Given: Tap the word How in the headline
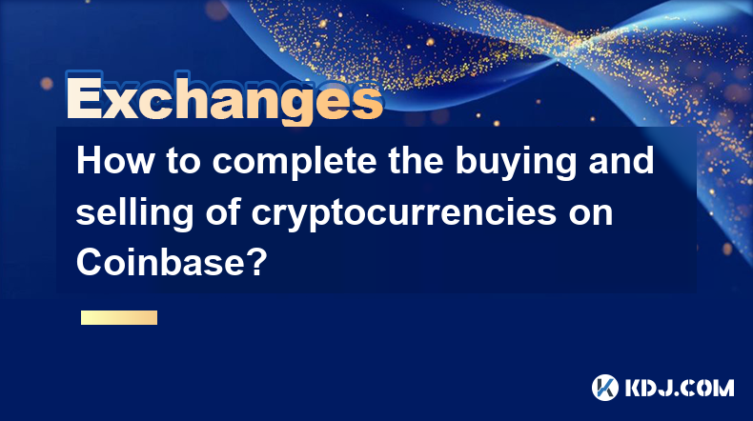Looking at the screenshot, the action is (115, 160).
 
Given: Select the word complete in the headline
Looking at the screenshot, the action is (295, 162).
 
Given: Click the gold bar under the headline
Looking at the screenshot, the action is (119, 317).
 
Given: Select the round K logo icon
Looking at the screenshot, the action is (604, 388).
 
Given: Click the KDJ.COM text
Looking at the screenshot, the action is (680, 388).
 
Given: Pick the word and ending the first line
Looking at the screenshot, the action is (621, 160).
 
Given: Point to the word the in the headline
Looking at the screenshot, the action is (416, 160).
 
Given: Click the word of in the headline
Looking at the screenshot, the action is (222, 211).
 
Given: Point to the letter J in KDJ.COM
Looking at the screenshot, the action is (667, 388).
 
